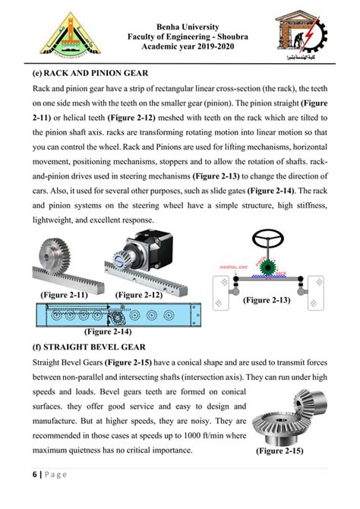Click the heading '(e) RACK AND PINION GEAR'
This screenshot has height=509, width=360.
point(85,74)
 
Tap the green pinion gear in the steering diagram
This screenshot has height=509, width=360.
point(266,267)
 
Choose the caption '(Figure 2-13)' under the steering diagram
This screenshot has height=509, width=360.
point(267,299)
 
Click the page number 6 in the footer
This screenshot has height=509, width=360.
point(35,475)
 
